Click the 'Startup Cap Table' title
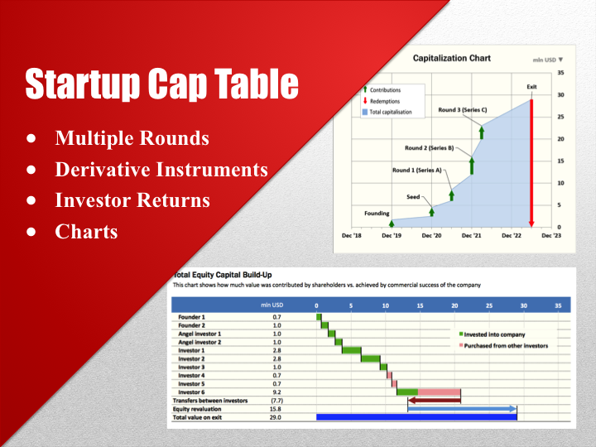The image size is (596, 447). pos(162,84)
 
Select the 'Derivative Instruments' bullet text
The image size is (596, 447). pos(161,169)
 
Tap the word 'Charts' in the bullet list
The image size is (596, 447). pos(86,232)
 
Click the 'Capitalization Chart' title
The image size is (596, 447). pos(452,58)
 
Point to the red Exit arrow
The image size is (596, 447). pos(531,163)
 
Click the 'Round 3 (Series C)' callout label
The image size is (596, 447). pos(462,110)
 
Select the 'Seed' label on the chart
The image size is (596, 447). pos(413,197)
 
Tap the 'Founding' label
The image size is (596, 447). pos(377,214)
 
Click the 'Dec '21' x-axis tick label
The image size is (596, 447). pos(471,236)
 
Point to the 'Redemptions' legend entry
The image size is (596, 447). pos(382,101)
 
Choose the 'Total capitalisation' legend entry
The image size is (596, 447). pos(387,112)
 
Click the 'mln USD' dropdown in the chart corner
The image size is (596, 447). pos(548,60)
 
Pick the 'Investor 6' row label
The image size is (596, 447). pos(191,392)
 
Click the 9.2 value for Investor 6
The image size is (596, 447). pos(276,392)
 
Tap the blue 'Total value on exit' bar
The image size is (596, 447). pos(416,417)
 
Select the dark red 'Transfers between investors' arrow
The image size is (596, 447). pos(434,401)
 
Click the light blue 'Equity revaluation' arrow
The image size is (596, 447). pos(462,409)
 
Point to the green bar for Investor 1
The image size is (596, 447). pos(352,350)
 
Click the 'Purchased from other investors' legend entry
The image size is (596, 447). pos(503,346)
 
